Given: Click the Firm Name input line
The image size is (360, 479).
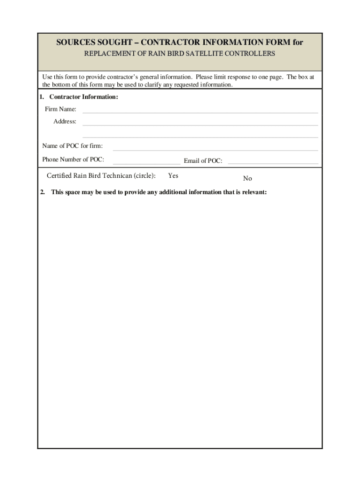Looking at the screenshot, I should [200, 110].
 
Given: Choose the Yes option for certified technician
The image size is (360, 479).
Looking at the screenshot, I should [173, 176].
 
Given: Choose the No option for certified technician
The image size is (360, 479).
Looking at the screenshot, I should [247, 179].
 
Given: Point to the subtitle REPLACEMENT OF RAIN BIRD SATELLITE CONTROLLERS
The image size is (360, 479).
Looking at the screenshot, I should [180, 54].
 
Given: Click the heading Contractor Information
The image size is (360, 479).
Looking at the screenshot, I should [84, 97].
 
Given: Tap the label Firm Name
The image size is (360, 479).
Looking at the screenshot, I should [60, 109].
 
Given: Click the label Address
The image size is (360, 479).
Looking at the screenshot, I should [65, 121].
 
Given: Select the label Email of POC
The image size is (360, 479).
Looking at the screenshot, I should [203, 161].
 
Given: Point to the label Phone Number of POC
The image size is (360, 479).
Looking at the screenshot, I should [73, 160].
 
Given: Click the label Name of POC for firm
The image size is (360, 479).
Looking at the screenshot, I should [72, 146].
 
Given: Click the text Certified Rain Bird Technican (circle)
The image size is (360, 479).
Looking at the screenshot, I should [101, 176].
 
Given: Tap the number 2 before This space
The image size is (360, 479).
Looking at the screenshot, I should [42, 192].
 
